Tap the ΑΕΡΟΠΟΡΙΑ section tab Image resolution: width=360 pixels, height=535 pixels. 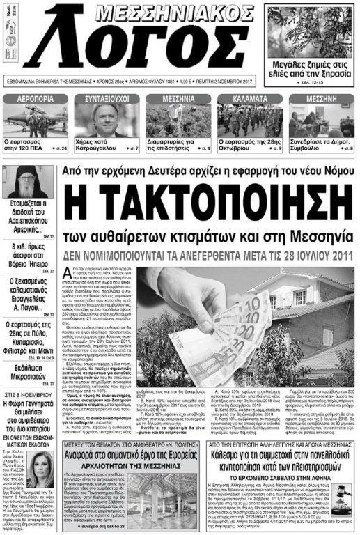[x=36, y=99]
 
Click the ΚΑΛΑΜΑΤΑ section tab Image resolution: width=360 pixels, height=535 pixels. [x=249, y=99]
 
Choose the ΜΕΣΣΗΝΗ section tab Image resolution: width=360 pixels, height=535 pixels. [x=322, y=99]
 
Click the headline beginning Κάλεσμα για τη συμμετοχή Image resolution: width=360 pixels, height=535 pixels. [x=268, y=426]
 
